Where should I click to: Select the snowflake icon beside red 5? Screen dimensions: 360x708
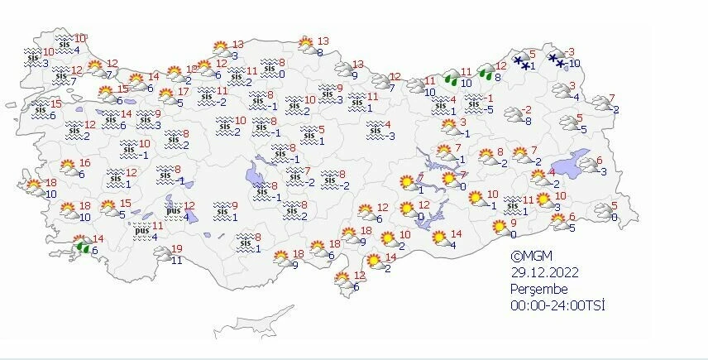click(521, 61)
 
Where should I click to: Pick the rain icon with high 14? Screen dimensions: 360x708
click(83, 245)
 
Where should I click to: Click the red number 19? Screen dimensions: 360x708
click(176, 248)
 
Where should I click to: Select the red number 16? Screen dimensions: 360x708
click(84, 164)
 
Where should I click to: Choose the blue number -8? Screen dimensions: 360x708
click(527, 121)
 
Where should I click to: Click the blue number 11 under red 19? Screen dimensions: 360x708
click(176, 260)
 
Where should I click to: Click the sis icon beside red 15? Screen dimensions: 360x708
click(40, 106)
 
